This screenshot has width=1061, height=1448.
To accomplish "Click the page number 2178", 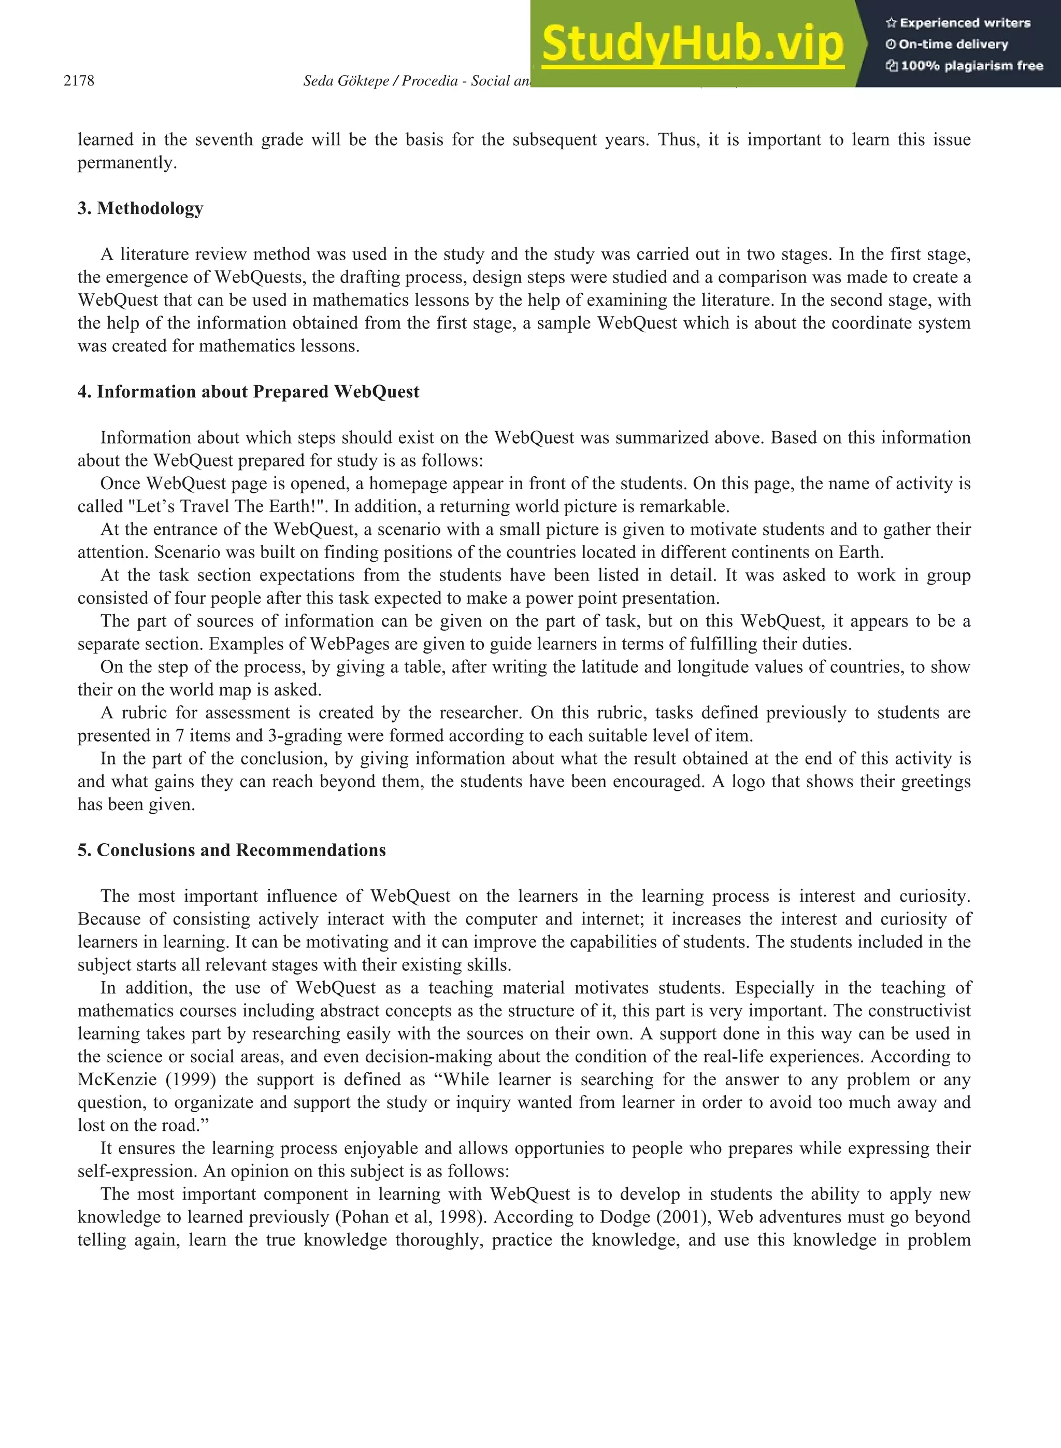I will point(79,81).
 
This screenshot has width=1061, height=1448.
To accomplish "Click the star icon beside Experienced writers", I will point(891,23).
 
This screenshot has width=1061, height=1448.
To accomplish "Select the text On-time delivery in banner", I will point(953,45).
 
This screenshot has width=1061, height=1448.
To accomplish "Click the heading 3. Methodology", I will point(140,208).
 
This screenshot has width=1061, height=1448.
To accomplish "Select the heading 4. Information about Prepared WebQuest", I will point(248,392).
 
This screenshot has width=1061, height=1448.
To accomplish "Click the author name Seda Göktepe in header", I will point(346,81).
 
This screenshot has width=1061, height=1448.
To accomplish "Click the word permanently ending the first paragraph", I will point(126,163).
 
